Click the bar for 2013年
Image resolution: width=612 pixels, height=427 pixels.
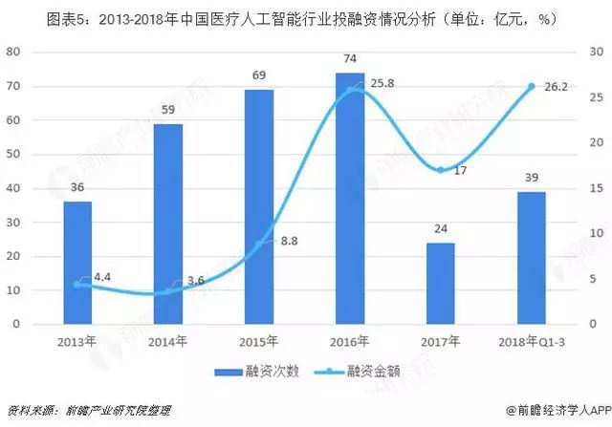pyautogui.click(x=77, y=263)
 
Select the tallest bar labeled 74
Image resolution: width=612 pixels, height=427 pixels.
pyautogui.click(x=350, y=198)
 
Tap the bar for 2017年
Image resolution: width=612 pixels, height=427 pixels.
pyautogui.click(x=440, y=284)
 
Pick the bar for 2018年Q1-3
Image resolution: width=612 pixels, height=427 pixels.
pyautogui.click(x=532, y=258)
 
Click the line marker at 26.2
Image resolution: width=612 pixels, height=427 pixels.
pyautogui.click(x=532, y=87)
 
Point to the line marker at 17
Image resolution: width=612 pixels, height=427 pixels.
pyautogui.click(x=440, y=170)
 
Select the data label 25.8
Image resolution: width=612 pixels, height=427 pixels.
pyautogui.click(x=382, y=83)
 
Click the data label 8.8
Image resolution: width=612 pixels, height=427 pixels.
pyautogui.click(x=289, y=241)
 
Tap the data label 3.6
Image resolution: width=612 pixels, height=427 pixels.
pyautogui.click(x=195, y=280)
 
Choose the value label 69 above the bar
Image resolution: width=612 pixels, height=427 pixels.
pyautogui.click(x=259, y=75)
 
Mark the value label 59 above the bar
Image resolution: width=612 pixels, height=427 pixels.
pyautogui.click(x=168, y=110)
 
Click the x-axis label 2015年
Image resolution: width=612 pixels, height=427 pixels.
pyautogui.click(x=258, y=342)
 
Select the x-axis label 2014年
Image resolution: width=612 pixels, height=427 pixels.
pyautogui.click(x=167, y=342)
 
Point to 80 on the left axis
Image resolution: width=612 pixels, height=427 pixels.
pyautogui.click(x=12, y=52)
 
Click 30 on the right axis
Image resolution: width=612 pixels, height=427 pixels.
pyautogui.click(x=596, y=52)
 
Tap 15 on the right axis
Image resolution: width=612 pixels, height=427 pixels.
pyautogui.click(x=596, y=188)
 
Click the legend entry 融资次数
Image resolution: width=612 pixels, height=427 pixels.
pyautogui.click(x=257, y=372)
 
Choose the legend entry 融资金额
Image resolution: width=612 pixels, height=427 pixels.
pyautogui.click(x=358, y=372)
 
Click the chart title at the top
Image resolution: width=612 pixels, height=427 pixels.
pyautogui.click(x=301, y=19)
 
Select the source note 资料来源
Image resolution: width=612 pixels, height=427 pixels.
pyautogui.click(x=89, y=410)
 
